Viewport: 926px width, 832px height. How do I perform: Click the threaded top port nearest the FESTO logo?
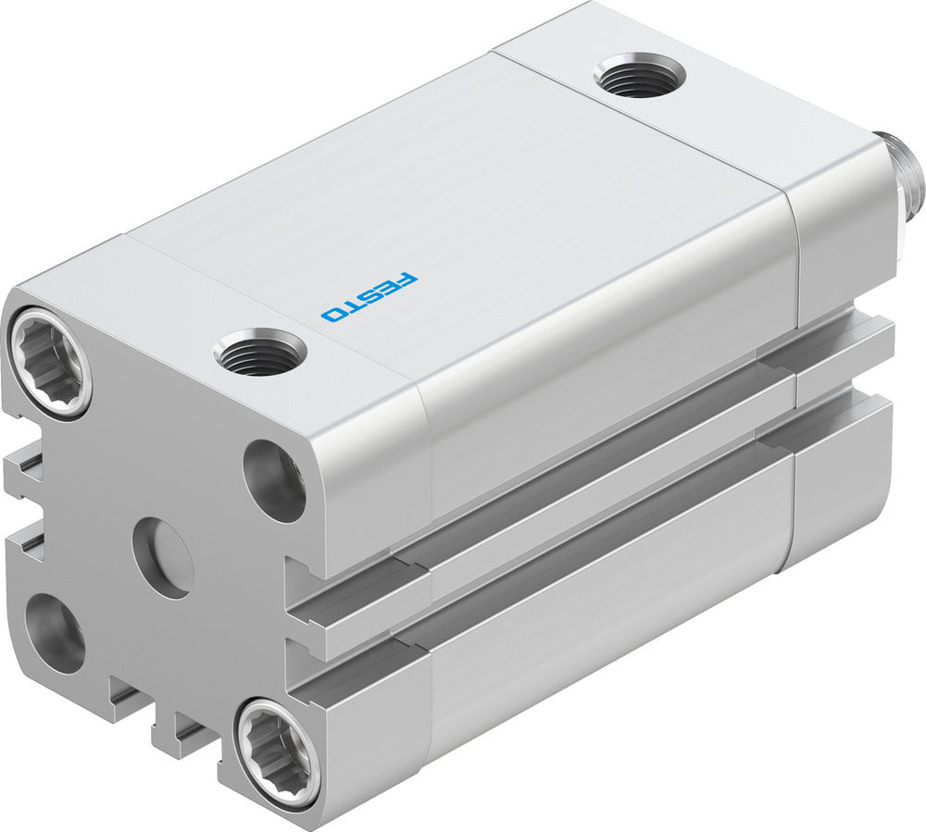tap(259, 352)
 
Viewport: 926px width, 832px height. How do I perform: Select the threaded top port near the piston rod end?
tap(640, 75)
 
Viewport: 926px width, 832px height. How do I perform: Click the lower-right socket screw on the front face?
tap(278, 749)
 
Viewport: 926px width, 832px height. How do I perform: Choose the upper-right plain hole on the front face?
tap(275, 481)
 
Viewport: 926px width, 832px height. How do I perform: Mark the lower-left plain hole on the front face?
tap(55, 631)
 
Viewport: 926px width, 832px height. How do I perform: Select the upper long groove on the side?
tap(593, 518)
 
